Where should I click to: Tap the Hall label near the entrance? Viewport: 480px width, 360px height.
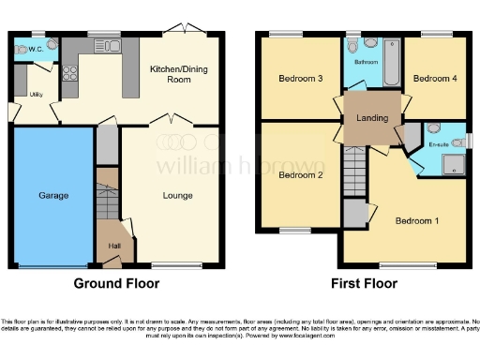[112, 247]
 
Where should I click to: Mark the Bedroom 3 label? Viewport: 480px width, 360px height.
[300, 79]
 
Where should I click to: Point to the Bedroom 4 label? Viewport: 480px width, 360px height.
[435, 79]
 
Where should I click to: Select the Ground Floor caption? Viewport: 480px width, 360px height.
[113, 283]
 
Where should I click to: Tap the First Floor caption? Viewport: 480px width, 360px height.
[364, 283]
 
